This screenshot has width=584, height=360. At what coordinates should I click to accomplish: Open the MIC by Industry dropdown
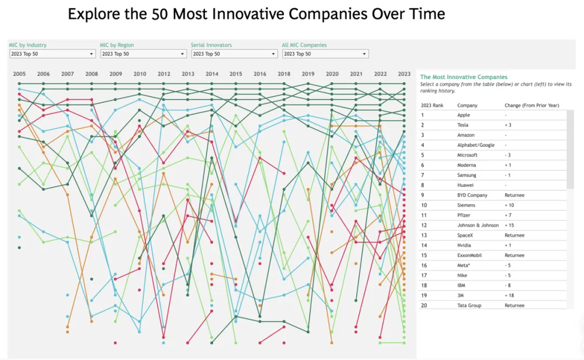coord(52,54)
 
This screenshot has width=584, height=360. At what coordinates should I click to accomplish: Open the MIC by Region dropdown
coord(143,54)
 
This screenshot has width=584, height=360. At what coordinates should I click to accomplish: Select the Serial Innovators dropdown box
coord(234,54)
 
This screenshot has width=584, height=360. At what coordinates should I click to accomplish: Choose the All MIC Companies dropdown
coord(325,54)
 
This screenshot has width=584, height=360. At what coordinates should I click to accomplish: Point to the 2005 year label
coord(19,74)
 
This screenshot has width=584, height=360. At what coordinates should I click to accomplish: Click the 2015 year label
coord(236,74)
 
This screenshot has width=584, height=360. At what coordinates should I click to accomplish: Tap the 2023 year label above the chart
coord(404,74)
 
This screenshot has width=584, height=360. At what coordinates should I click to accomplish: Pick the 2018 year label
coord(284,74)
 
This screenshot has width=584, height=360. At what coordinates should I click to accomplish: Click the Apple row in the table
coord(463,115)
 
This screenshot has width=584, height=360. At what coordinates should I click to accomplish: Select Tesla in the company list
coord(463,125)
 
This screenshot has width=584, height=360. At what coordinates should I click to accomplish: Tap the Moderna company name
coord(467,165)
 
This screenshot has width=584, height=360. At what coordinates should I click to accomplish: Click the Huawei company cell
coord(465,185)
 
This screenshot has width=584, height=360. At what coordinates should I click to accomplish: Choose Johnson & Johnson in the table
coord(478,225)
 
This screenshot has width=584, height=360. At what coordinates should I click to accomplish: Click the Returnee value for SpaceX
coord(515,235)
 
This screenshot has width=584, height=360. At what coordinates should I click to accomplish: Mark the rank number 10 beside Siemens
coord(424,205)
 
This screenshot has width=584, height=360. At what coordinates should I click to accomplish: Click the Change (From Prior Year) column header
coord(531,105)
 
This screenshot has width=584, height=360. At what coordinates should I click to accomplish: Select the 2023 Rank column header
coord(432,105)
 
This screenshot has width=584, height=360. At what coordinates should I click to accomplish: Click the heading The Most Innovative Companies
coord(464,77)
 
